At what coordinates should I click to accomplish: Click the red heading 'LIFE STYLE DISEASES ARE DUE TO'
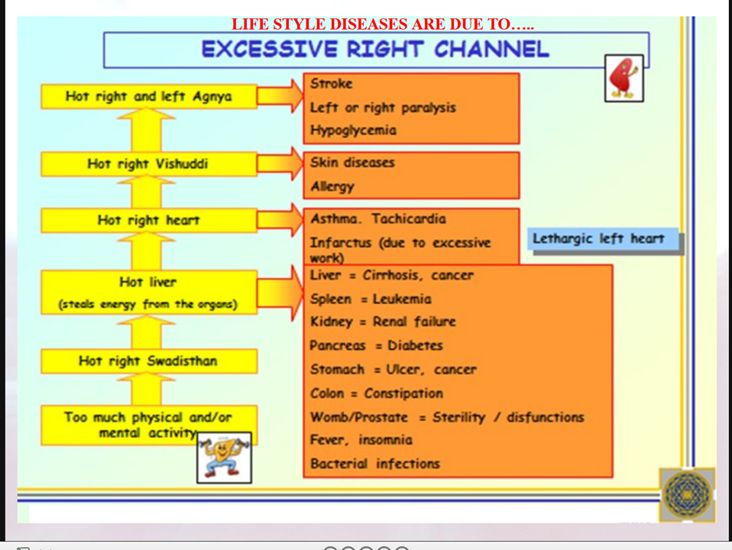(x=382, y=24)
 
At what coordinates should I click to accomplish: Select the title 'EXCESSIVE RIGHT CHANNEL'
(x=375, y=50)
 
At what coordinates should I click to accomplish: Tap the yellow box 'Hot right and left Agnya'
(x=148, y=96)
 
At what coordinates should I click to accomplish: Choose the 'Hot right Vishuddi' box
(x=148, y=163)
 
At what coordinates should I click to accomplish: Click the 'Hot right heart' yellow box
(x=148, y=220)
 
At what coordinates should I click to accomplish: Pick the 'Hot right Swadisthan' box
(x=148, y=361)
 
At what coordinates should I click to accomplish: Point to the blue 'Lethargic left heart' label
(x=598, y=238)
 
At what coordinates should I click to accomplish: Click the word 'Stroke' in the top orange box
(x=332, y=84)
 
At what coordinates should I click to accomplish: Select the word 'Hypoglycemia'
(x=353, y=131)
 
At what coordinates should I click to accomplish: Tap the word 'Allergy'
(x=332, y=186)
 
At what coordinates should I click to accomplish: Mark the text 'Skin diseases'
(x=352, y=163)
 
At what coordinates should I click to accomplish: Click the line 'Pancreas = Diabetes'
(x=376, y=345)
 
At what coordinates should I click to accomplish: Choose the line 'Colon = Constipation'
(x=376, y=393)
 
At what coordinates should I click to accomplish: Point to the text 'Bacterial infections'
(x=374, y=463)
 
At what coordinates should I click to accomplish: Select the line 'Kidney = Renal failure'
(x=382, y=322)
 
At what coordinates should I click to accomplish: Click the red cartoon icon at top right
(x=623, y=78)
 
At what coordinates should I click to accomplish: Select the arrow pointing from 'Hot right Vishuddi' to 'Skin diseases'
(x=280, y=163)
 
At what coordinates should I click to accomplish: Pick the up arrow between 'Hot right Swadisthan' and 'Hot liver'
(x=148, y=331)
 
